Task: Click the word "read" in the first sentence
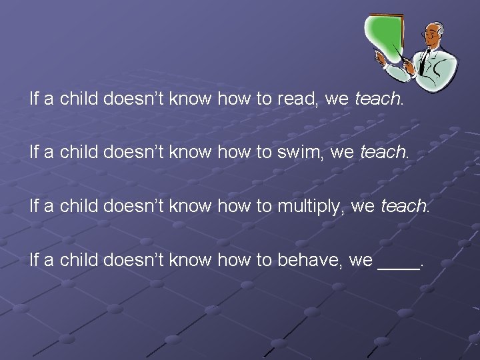tap(298, 100)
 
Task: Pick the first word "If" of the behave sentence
tap(35, 260)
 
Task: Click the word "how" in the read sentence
tap(234, 100)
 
